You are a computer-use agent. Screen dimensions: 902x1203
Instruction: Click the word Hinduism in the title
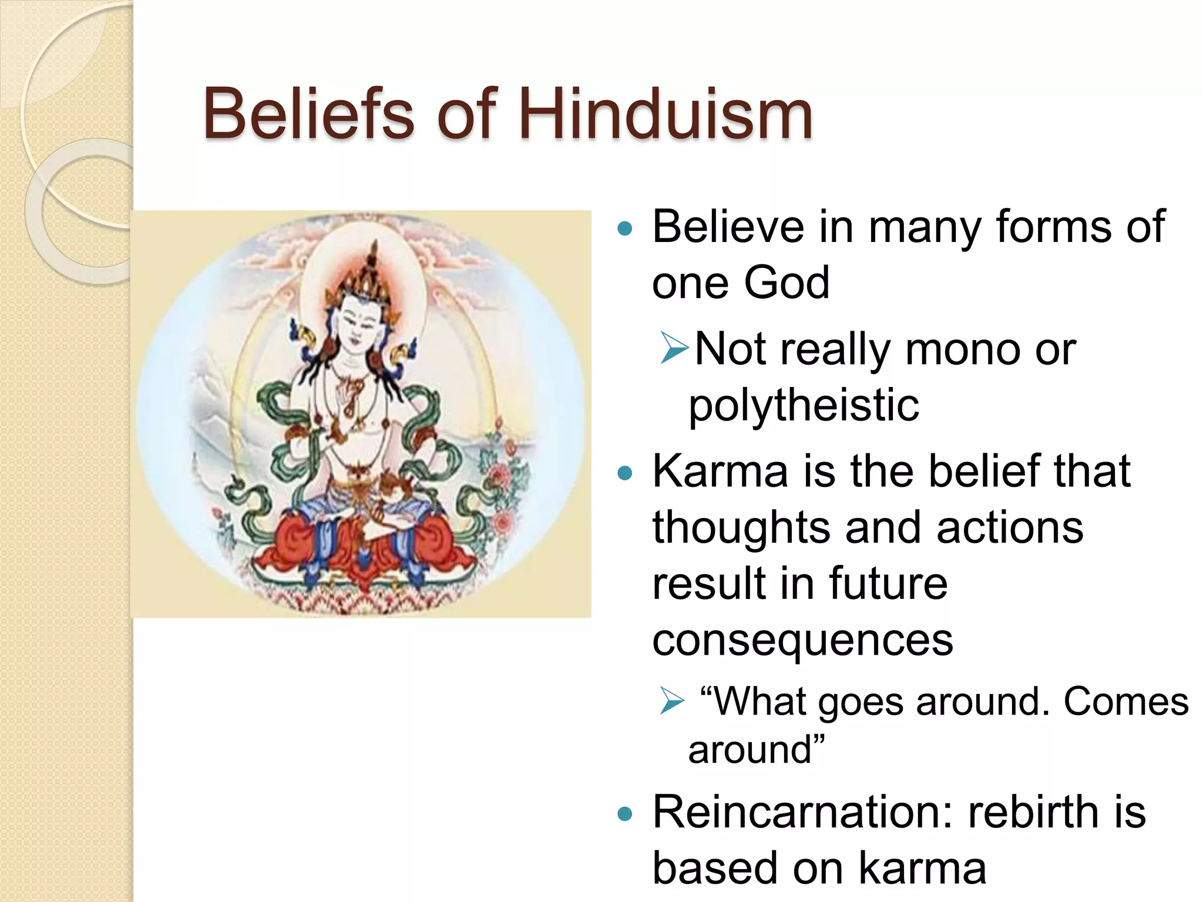pos(665,114)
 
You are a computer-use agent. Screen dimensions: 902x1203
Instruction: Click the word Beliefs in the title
pos(309,114)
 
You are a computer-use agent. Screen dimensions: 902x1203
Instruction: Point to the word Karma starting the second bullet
pos(720,471)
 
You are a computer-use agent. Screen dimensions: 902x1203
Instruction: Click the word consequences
pos(802,640)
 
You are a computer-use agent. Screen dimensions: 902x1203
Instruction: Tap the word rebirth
pos(1033,813)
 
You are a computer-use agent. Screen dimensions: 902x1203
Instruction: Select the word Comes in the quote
pos(1125,702)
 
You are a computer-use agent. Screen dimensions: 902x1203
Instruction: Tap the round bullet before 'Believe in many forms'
pos(626,229)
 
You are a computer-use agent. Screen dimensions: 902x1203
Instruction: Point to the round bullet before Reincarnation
pos(626,815)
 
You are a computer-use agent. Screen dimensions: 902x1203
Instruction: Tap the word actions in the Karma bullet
pos(1010,527)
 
